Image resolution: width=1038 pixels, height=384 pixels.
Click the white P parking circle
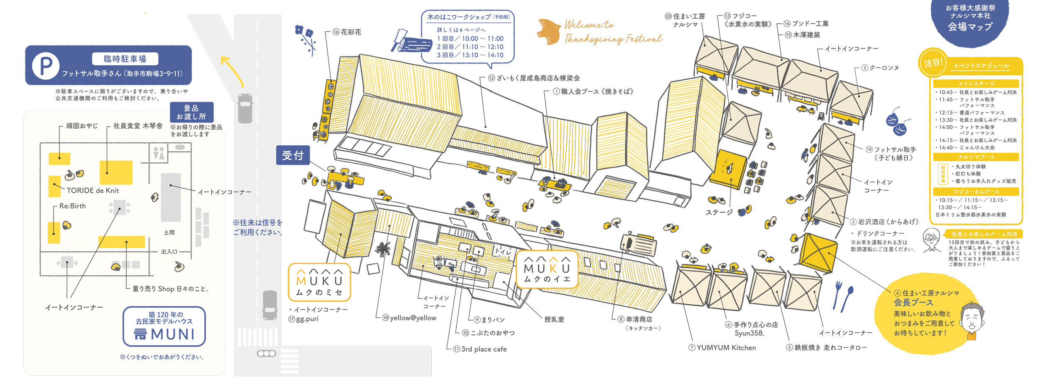[46, 66]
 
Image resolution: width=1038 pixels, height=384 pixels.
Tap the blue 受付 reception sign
[293, 155]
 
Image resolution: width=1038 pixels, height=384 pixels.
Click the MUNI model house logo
[164, 327]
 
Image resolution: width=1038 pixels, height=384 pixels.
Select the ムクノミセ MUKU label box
[319, 282]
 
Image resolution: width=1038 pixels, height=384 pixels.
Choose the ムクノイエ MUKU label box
[547, 269]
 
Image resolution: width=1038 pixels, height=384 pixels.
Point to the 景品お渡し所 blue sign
[191, 113]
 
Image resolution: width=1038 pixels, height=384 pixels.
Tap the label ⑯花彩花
[347, 32]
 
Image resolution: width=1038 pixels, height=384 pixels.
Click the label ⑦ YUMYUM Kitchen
[722, 348]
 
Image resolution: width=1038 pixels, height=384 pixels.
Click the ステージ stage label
[719, 212]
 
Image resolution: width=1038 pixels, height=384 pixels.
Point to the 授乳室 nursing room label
[554, 319]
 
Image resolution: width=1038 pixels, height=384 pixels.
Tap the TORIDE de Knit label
[93, 191]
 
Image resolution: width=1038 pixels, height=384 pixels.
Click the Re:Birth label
[72, 206]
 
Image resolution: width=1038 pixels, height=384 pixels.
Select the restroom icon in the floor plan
[159, 153]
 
